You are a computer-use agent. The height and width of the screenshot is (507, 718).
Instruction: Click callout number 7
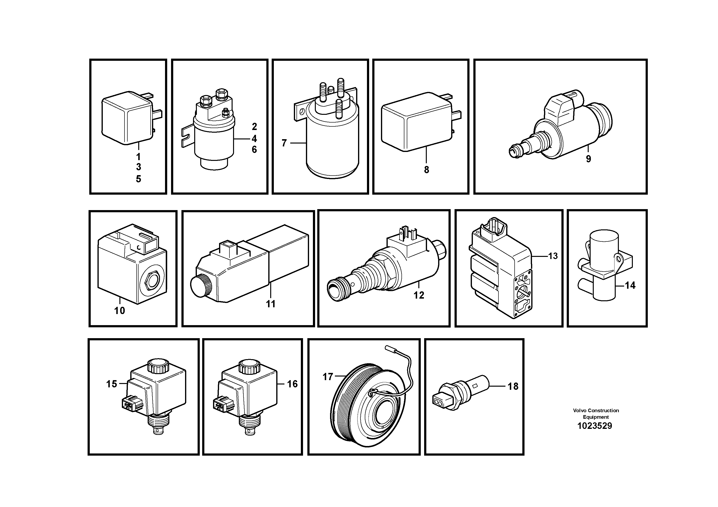pyautogui.click(x=284, y=143)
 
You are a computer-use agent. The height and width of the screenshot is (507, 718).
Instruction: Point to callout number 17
pyautogui.click(x=327, y=377)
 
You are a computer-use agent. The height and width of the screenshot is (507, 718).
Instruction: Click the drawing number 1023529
pyautogui.click(x=594, y=426)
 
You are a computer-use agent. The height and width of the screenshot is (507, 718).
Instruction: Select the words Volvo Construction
pyautogui.click(x=596, y=411)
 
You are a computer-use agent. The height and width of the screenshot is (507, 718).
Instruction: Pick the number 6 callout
pyautogui.click(x=254, y=150)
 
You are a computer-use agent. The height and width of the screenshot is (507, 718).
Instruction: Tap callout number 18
pyautogui.click(x=513, y=386)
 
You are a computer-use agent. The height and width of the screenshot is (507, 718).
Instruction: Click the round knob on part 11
pyautogui.click(x=201, y=285)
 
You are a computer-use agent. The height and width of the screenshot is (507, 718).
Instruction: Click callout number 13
pyautogui.click(x=553, y=256)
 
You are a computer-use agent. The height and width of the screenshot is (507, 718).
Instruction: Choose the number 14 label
pyautogui.click(x=630, y=285)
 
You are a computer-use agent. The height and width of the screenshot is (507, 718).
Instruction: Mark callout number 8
pyautogui.click(x=427, y=170)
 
